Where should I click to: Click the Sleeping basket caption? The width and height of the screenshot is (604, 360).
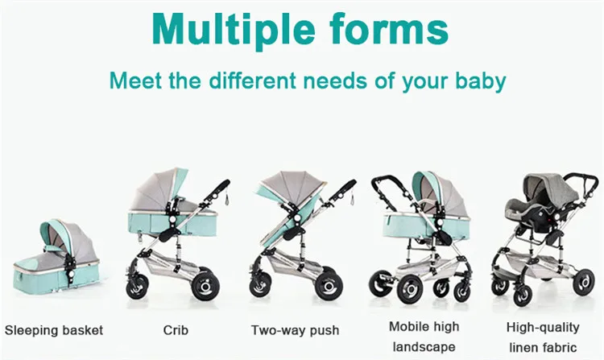tap(54, 330)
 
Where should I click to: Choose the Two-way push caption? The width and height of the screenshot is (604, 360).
tap(295, 330)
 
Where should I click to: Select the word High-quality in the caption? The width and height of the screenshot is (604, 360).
tap(542, 327)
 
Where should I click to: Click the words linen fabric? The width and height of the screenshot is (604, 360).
tap(542, 346)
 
